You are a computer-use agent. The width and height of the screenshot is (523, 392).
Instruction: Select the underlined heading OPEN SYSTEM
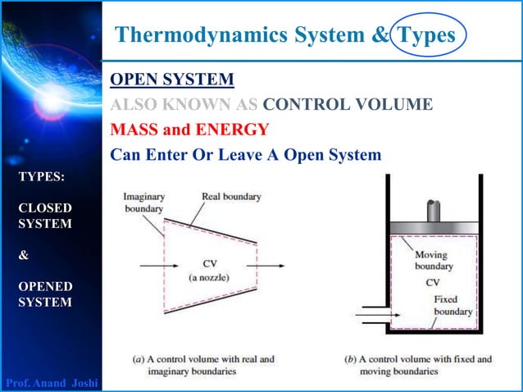point(172,79)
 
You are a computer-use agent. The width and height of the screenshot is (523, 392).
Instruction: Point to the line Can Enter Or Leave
point(246,154)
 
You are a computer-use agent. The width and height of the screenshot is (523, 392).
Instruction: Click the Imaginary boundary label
point(143,203)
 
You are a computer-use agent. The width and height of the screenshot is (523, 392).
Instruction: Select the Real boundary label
point(231,197)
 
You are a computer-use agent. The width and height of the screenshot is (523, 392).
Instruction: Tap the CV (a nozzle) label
point(208,271)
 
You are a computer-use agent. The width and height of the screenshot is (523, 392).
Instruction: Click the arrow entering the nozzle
point(151,266)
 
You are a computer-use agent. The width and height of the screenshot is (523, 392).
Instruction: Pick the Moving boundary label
point(434,261)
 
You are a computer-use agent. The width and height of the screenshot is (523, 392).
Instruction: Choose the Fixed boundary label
point(453,306)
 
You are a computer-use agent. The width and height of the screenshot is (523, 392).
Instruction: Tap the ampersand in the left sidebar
point(23,254)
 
